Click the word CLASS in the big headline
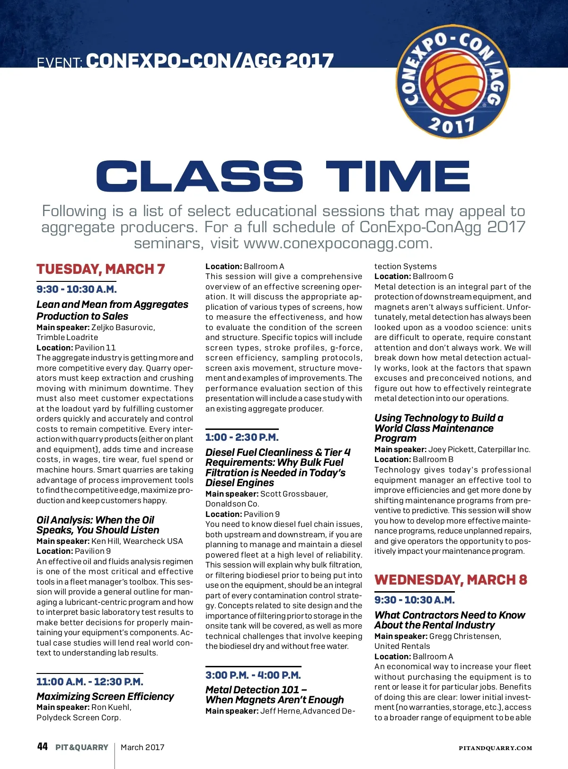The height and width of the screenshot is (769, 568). (199, 176)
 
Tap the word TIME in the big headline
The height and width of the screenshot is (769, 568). (398, 176)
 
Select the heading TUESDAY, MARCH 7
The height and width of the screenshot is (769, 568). (101, 269)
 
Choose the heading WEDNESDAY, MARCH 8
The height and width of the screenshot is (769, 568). (450, 580)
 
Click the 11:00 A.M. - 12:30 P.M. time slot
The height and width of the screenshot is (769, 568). (89, 682)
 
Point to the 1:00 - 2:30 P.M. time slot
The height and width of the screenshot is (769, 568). (242, 437)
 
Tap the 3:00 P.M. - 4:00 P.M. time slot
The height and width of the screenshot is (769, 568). (253, 675)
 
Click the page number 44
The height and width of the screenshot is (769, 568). (42, 747)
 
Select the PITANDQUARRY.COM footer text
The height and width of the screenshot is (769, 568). (495, 748)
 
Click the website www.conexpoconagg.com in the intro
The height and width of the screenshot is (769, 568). (337, 243)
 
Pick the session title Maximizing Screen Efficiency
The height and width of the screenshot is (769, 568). (105, 696)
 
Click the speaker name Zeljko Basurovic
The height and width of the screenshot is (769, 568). (123, 327)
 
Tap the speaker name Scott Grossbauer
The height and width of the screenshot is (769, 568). (293, 494)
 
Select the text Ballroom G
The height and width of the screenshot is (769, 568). (433, 276)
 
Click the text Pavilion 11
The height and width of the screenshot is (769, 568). (95, 348)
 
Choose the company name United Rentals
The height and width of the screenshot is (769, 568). (402, 646)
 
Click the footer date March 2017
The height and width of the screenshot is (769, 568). (142, 747)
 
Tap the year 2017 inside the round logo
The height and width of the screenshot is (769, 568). (452, 125)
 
